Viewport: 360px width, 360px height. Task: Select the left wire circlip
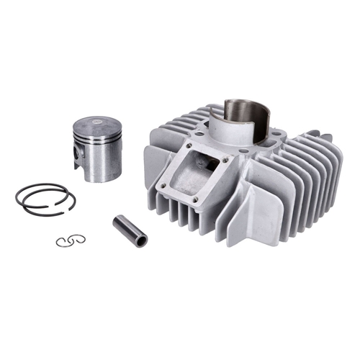coord(63,243)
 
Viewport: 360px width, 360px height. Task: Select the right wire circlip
coord(78,239)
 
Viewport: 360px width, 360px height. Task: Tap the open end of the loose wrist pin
coord(141,240)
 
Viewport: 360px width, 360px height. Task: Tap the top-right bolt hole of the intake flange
coord(223,160)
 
